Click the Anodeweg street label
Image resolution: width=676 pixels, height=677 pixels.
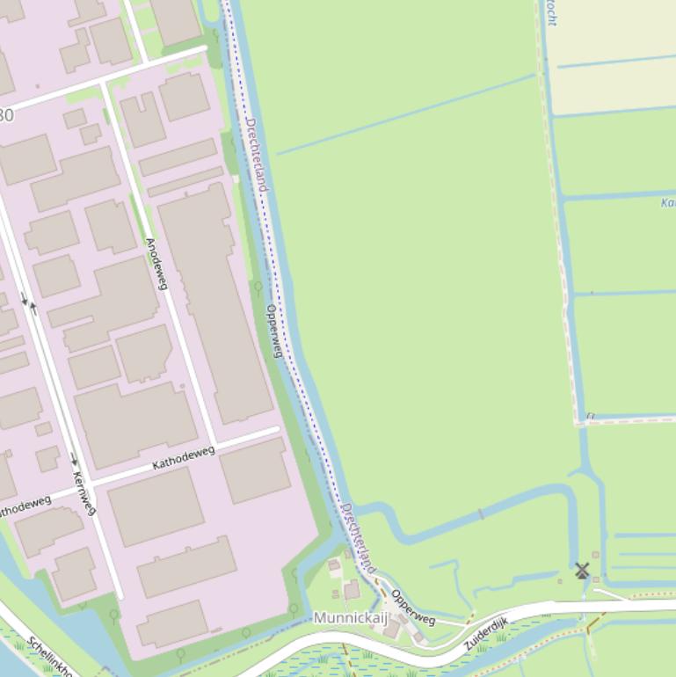click(156, 264)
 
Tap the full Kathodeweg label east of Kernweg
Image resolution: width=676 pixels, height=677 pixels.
click(184, 457)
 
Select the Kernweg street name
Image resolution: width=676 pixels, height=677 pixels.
click(84, 493)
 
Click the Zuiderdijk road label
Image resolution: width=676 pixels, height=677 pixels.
click(486, 635)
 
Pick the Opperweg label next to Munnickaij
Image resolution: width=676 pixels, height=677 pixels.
click(413, 607)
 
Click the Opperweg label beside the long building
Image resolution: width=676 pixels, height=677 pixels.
click(274, 331)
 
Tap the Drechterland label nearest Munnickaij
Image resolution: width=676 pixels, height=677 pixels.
click(358, 538)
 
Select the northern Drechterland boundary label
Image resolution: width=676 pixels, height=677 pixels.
click(256, 154)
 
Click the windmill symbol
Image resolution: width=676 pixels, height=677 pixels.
click(582, 571)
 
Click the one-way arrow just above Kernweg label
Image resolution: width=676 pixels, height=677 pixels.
click(74, 458)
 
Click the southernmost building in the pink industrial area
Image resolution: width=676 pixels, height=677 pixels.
click(172, 623)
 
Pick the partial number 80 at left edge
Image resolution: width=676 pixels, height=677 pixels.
click(6, 115)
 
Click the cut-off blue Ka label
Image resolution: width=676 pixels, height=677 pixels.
click(667, 203)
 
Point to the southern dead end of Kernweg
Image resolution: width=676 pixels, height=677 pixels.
click(120, 597)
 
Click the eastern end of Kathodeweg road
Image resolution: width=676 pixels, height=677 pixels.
click(277, 430)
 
